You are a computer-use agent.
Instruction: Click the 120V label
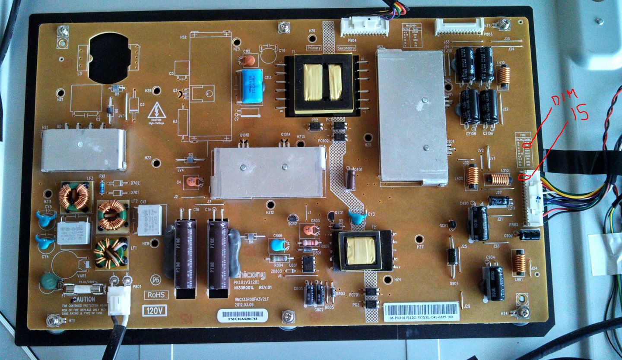tap(155, 309)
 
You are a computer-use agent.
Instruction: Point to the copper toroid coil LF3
tap(73, 196)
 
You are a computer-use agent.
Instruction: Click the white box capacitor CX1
tap(149, 219)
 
